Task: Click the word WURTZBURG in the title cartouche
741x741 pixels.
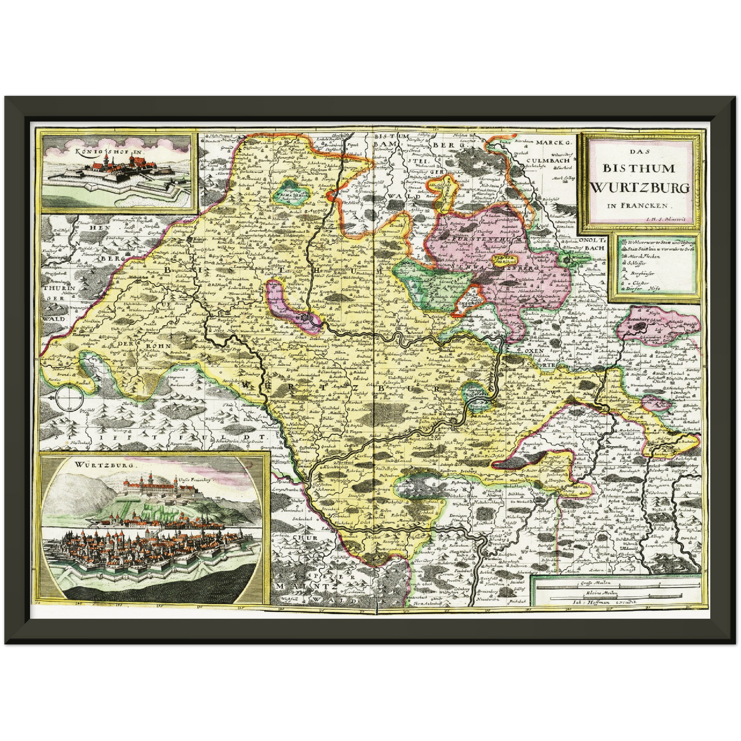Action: [639, 188]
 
